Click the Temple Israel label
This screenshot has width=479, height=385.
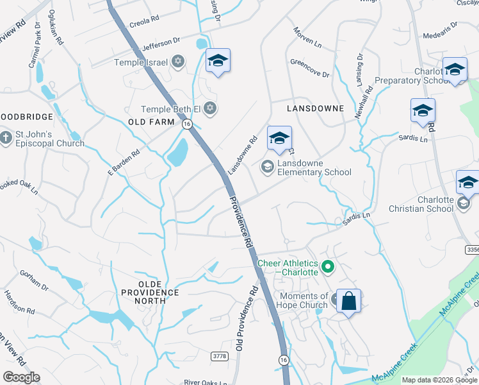point(140,62)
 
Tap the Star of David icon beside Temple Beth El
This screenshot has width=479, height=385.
point(211,108)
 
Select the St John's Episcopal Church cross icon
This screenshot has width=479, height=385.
point(6,137)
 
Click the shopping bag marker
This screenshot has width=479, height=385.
point(348,301)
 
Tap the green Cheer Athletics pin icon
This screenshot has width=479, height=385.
point(328,266)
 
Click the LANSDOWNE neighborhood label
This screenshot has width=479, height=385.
point(315,108)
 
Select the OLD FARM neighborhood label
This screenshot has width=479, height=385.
point(151,121)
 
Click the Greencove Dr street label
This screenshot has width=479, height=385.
point(309,69)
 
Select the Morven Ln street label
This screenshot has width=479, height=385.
point(307,38)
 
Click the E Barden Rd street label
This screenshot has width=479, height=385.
point(124,163)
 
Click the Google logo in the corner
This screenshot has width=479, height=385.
point(21,377)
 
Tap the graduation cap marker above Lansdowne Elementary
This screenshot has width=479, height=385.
point(279,138)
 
